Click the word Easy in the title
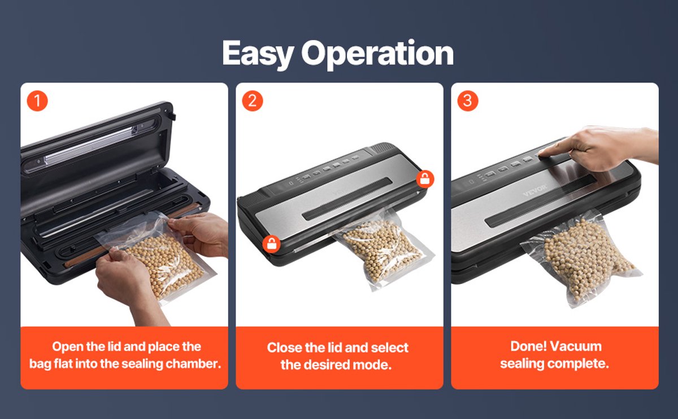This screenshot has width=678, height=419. click(258, 54)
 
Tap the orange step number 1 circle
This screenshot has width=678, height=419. click(37, 101)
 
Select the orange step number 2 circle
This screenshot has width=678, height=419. click(253, 101)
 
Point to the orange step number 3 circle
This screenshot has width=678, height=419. click(468, 101)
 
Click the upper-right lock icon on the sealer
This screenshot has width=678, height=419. click(425, 179)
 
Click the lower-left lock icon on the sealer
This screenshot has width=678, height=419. click(271, 244)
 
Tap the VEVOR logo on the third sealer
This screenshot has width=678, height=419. click(535, 190)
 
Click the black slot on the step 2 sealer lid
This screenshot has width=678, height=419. click(347, 199)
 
